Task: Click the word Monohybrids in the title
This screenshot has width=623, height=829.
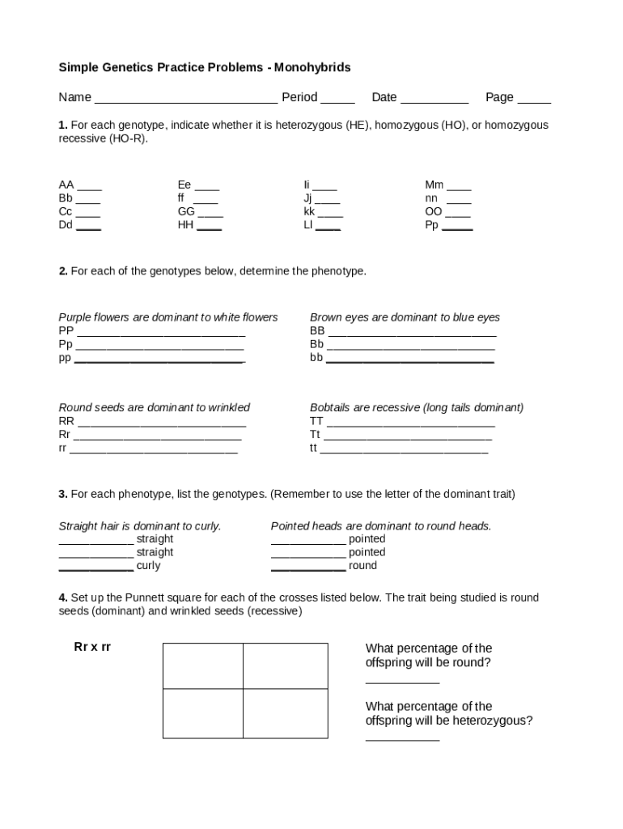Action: (x=311, y=67)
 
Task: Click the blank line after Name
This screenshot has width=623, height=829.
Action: (x=186, y=99)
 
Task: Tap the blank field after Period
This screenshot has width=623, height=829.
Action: (x=337, y=99)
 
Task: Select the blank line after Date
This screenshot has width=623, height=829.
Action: (x=434, y=99)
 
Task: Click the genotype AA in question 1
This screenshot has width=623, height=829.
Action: (x=66, y=185)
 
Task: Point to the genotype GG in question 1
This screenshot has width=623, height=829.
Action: (x=186, y=211)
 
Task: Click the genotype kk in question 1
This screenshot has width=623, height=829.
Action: (x=309, y=211)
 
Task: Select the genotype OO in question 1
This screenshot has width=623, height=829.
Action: (x=434, y=211)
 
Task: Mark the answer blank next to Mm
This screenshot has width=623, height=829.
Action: (x=459, y=186)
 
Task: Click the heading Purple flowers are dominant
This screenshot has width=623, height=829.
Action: (x=167, y=317)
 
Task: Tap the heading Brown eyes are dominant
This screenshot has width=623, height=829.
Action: (x=405, y=317)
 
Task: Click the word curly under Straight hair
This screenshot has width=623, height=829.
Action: (x=148, y=565)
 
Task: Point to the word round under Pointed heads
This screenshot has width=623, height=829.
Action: (x=362, y=565)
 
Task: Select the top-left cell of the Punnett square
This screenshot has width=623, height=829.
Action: (x=203, y=665)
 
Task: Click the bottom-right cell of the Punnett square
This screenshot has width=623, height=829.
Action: (x=286, y=713)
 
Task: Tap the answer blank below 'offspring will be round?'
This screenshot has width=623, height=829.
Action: (x=402, y=681)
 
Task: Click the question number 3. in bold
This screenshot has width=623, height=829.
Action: (x=62, y=493)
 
